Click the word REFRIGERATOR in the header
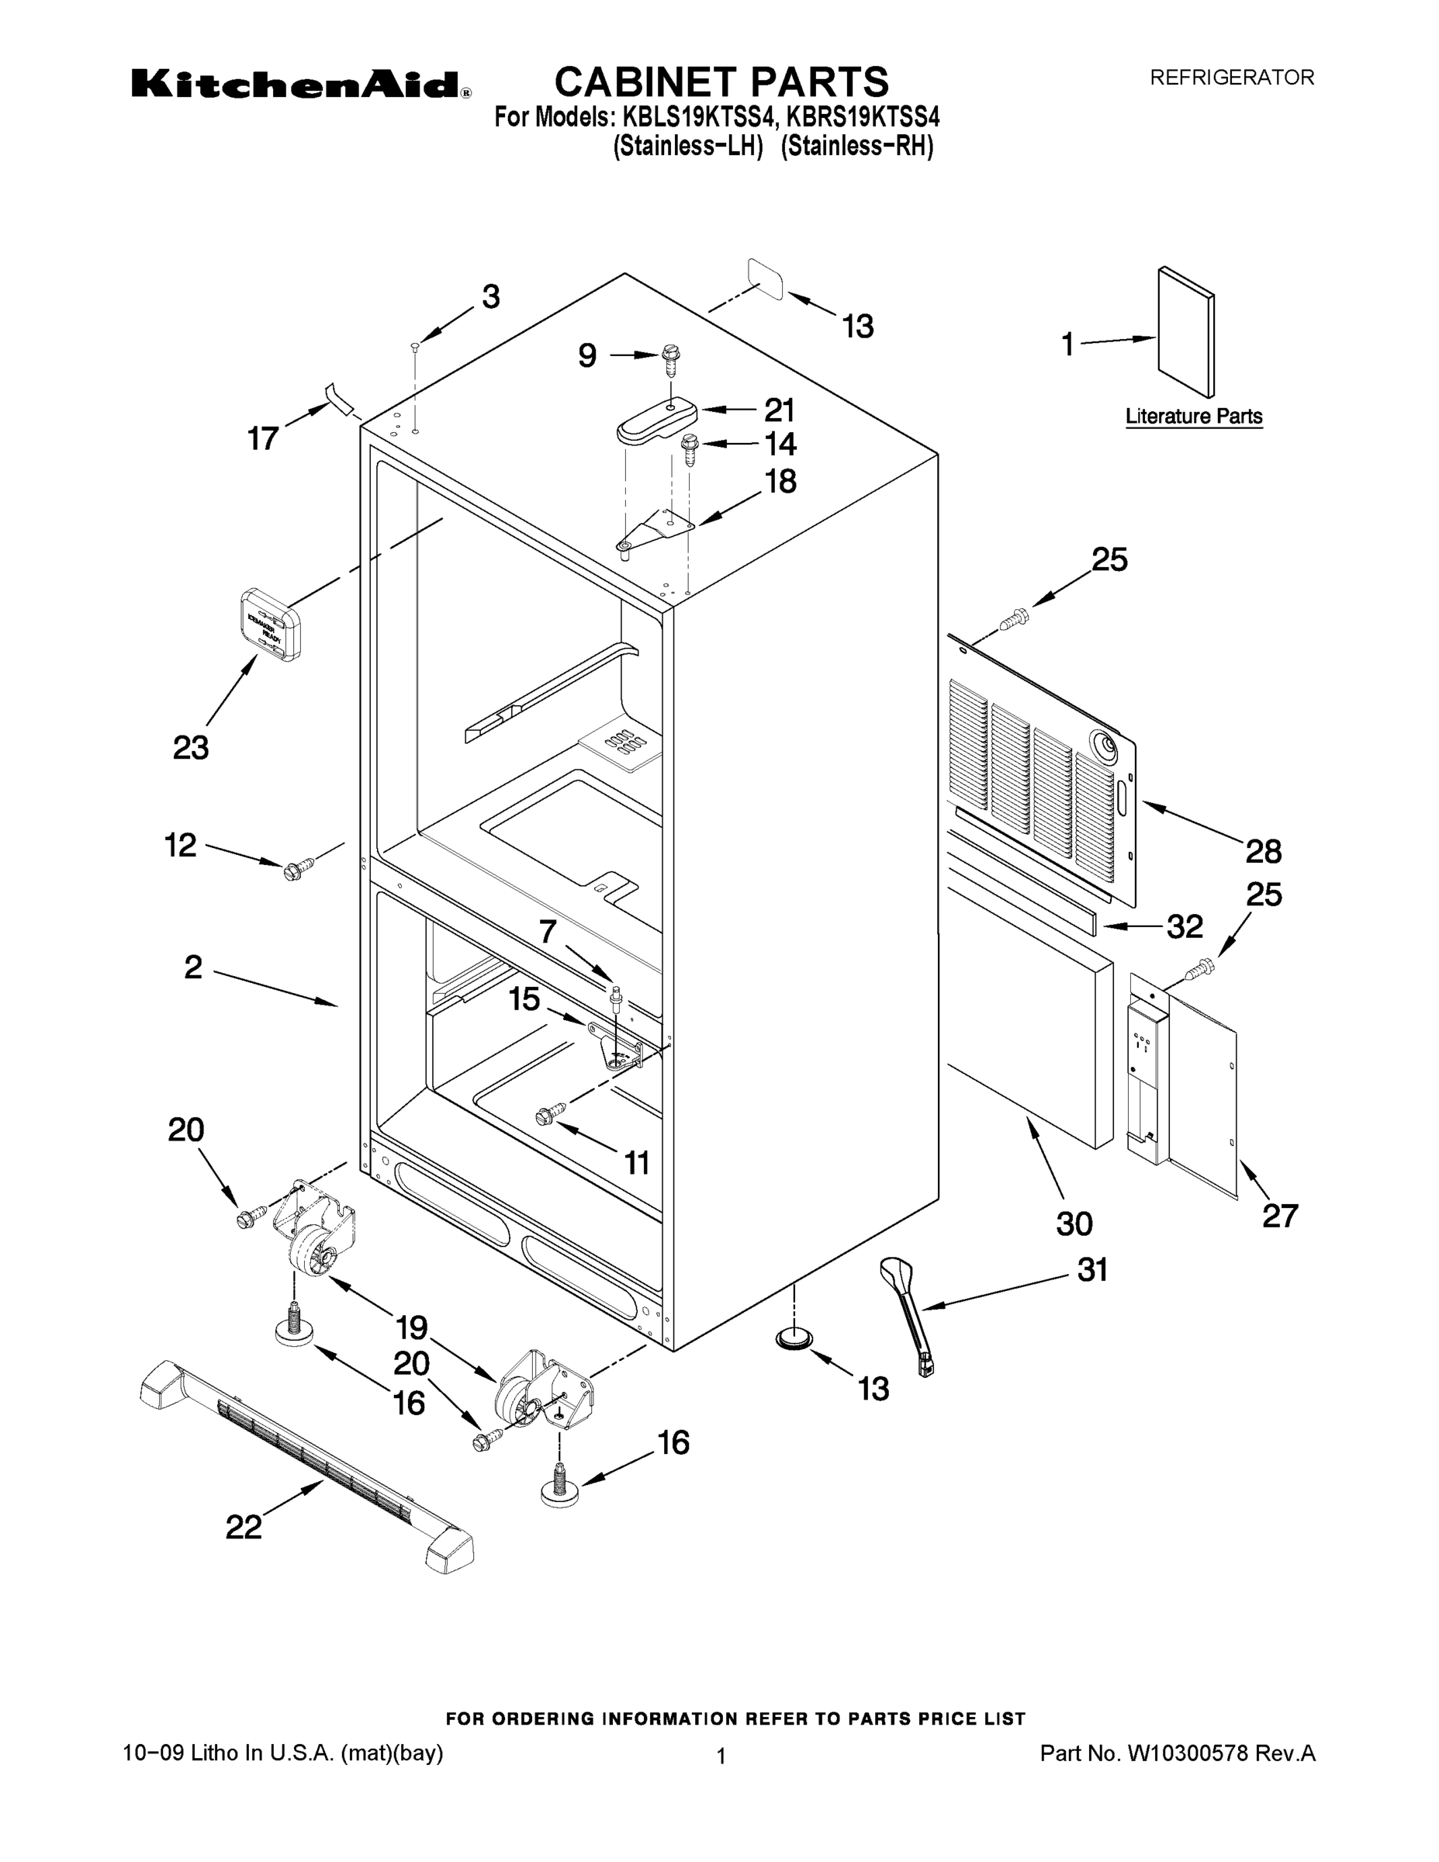coord(1232,78)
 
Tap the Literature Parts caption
coord(1194,417)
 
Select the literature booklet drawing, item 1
coord(1186,333)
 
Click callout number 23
coord(191,748)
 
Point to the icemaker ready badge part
coord(268,624)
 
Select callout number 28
coord(1264,851)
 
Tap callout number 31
coord(1092,1269)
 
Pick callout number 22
coord(243,1527)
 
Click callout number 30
coord(1074,1223)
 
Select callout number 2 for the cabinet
coord(193,967)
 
